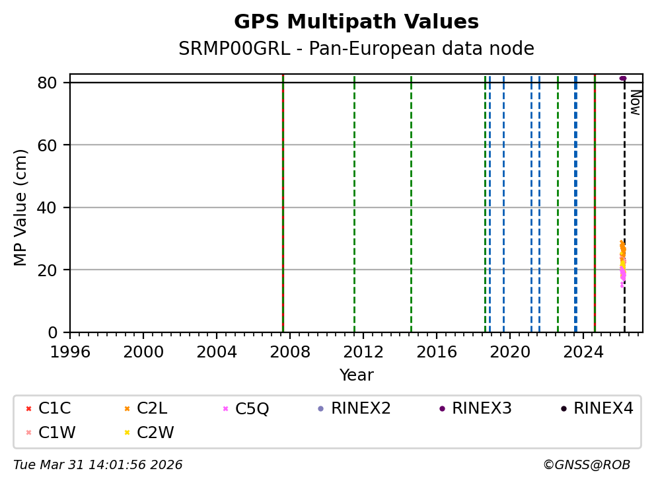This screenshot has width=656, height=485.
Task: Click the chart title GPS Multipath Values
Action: [356, 22]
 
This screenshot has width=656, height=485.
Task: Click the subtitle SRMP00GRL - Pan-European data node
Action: [356, 49]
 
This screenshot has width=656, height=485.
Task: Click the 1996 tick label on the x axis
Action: [71, 352]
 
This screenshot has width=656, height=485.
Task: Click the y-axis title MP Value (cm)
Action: [21, 207]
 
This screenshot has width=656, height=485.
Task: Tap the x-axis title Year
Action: [356, 375]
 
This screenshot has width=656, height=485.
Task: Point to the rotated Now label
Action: [635, 102]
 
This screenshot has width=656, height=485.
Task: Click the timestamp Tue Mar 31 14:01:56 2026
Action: [98, 465]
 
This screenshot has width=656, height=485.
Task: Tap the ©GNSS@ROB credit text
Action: [586, 465]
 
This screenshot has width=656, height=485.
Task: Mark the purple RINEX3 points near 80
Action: [622, 78]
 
